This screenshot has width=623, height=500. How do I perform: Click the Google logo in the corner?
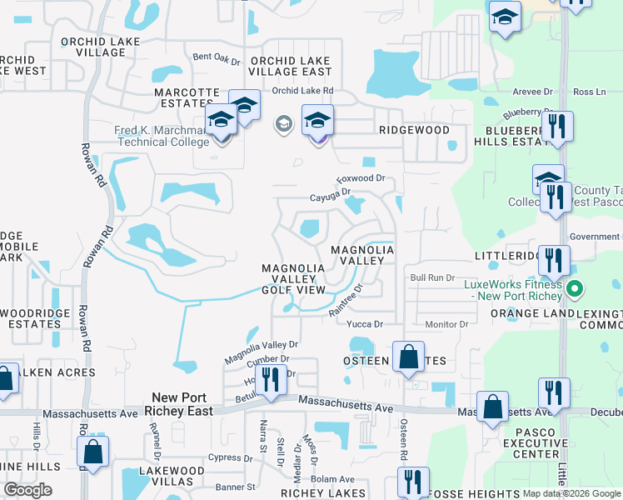pos(27,489)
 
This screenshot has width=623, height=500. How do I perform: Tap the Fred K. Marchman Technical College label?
pos(162,136)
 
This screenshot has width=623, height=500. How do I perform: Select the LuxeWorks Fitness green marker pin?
pos(574,290)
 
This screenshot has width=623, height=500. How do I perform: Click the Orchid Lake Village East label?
pos(291,67)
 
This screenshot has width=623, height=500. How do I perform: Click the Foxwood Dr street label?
pos(361,178)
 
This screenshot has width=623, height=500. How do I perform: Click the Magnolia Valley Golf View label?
pos(293,278)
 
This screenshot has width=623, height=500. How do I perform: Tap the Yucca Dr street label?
pos(364,324)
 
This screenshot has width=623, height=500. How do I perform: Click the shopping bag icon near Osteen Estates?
pos(409,357)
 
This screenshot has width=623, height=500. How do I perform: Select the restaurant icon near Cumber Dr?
pos(270,381)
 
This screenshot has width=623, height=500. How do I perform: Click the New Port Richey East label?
pos(182,404)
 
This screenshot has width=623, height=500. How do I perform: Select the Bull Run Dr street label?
pos(433,277)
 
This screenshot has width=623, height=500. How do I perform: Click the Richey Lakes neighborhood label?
pos(312,493)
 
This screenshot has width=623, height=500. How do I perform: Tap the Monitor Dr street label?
pos(447,324)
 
